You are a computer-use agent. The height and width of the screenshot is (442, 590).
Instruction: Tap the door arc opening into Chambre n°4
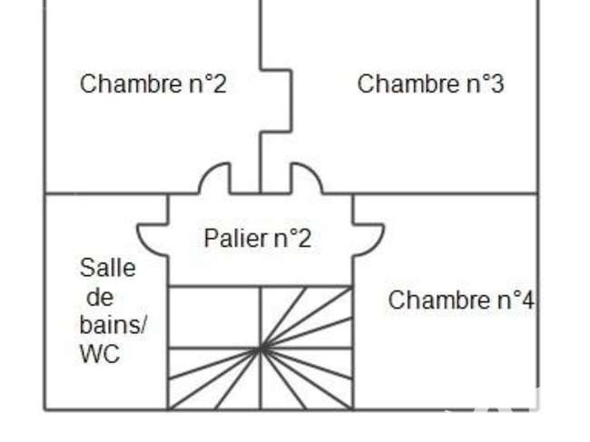tap(377, 244)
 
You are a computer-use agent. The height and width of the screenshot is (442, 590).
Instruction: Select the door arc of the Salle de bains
tap(145, 244)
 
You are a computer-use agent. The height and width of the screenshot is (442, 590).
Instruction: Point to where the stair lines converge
tap(261, 349)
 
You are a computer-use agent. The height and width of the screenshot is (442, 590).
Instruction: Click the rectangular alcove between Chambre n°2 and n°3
tap(276, 101)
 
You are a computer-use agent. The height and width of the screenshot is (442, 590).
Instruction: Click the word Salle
tap(108, 268)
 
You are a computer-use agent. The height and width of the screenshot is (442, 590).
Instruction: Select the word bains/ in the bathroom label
tap(113, 324)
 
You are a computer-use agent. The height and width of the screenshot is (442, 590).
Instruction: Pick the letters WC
tap(100, 354)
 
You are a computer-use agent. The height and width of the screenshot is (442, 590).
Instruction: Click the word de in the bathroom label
tap(100, 297)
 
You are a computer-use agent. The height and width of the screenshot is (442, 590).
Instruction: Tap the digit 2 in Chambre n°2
tap(220, 83)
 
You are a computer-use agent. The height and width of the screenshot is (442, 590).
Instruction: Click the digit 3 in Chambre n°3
tap(497, 83)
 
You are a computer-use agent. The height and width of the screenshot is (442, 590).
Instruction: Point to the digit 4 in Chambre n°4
tap(527, 300)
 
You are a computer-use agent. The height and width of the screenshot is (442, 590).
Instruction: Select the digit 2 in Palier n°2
tap(304, 238)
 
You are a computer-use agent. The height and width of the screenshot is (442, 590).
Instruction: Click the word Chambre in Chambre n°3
tap(408, 83)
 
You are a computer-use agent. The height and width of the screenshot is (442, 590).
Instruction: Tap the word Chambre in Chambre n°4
tap(439, 300)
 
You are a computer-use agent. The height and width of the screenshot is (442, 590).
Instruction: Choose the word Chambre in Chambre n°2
tap(132, 83)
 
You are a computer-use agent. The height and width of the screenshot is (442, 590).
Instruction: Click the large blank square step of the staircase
tap(214, 318)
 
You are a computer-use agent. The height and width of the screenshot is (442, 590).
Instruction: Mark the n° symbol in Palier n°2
tap(285, 239)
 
